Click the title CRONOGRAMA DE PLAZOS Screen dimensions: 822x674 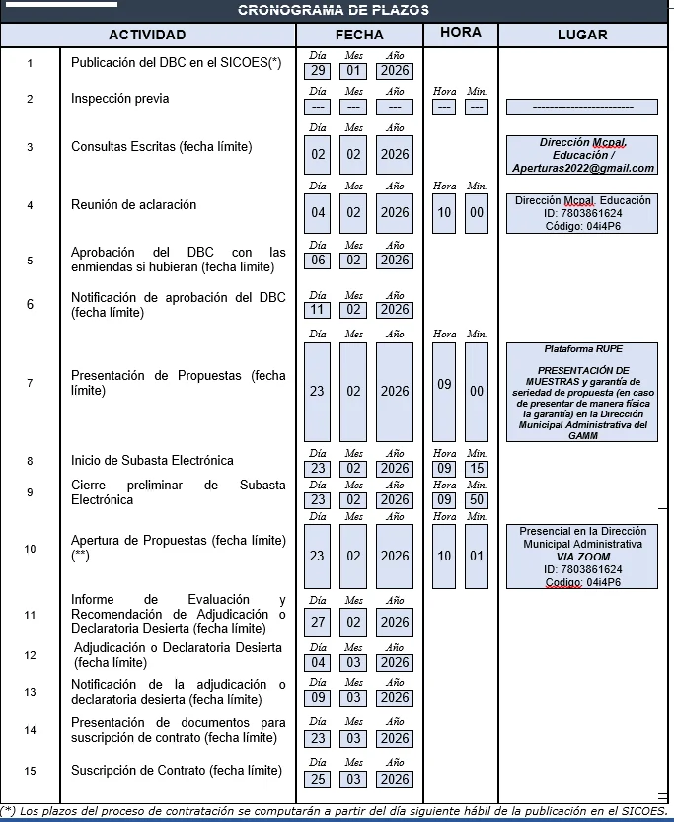334,10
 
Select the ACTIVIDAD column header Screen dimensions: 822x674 147,35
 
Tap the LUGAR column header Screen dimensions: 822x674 581,35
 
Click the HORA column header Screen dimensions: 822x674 461,33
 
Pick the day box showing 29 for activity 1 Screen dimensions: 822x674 317,71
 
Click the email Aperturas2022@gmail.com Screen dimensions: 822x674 582,168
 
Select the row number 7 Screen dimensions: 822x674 30,383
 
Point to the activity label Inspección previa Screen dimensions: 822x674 119,99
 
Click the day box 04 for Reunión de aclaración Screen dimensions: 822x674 317,213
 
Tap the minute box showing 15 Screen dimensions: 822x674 477,469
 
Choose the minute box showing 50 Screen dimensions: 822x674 477,500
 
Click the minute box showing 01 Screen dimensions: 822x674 477,556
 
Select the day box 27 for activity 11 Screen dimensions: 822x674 317,622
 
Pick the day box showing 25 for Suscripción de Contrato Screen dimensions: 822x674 317,780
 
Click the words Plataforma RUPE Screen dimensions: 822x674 583,349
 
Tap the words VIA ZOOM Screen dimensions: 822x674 582,557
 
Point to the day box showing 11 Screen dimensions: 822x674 317,310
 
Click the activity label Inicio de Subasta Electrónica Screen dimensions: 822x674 152,461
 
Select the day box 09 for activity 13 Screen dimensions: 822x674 317,698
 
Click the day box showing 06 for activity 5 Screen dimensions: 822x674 317,261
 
